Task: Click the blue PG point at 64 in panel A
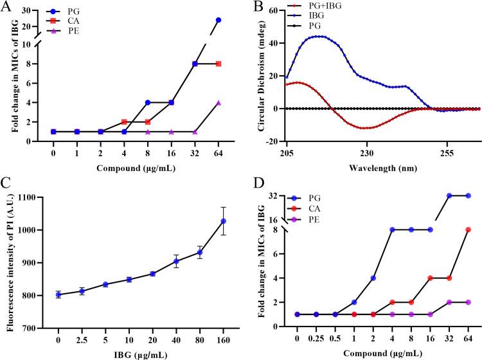(x=219, y=20)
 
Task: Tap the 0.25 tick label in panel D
(x=316, y=336)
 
